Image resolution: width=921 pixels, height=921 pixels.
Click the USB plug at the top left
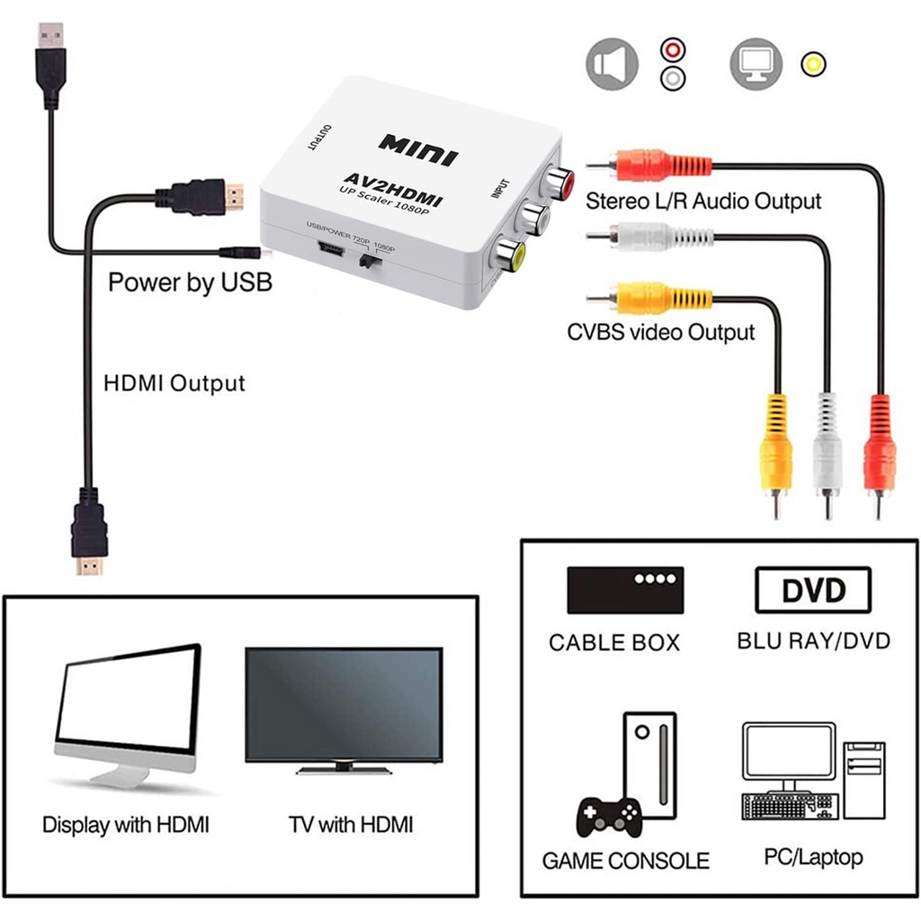[x=50, y=65]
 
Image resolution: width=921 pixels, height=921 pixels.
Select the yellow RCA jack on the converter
[x=509, y=254]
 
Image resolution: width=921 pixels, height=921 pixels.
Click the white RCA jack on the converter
[x=532, y=218]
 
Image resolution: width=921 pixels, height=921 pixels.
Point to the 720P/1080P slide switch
[x=369, y=261]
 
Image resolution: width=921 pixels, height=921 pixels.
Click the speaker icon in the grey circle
[x=612, y=64]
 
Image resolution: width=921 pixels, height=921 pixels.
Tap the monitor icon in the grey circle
[x=756, y=64]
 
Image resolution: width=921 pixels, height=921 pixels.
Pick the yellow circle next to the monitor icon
[x=813, y=64]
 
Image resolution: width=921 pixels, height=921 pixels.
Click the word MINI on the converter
[x=418, y=150]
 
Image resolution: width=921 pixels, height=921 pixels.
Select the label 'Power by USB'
[x=191, y=282]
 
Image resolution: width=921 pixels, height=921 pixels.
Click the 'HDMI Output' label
[x=174, y=383]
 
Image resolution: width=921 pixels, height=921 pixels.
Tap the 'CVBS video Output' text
[x=661, y=332]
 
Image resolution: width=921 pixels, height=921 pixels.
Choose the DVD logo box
[x=813, y=590]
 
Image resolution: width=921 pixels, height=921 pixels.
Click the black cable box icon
[x=625, y=590]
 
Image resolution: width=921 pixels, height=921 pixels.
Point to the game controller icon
[x=609, y=816]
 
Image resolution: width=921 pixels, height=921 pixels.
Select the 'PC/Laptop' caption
[x=813, y=857]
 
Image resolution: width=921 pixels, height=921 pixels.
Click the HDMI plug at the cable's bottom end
[x=89, y=532]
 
